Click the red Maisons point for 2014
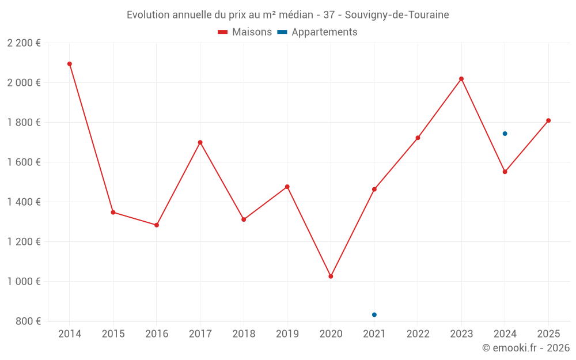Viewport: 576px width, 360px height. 70,64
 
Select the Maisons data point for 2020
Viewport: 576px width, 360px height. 331,276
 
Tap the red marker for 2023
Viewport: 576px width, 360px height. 461,79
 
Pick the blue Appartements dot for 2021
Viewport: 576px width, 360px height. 374,314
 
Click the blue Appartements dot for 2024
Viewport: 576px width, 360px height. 505,134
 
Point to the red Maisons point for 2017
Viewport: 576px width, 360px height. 200,142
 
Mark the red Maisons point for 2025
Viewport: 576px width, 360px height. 548,120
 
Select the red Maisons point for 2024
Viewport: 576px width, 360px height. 505,172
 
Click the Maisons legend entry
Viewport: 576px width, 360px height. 245,32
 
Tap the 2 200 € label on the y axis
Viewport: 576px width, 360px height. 24,43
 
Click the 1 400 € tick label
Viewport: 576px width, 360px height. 24,202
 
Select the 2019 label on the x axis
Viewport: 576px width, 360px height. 287,334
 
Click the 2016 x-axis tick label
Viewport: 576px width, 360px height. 157,334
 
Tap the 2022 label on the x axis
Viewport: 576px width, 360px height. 418,334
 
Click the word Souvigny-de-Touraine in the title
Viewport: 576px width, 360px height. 397,15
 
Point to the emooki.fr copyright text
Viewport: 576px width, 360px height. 526,348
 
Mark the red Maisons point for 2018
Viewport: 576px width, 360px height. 244,219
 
